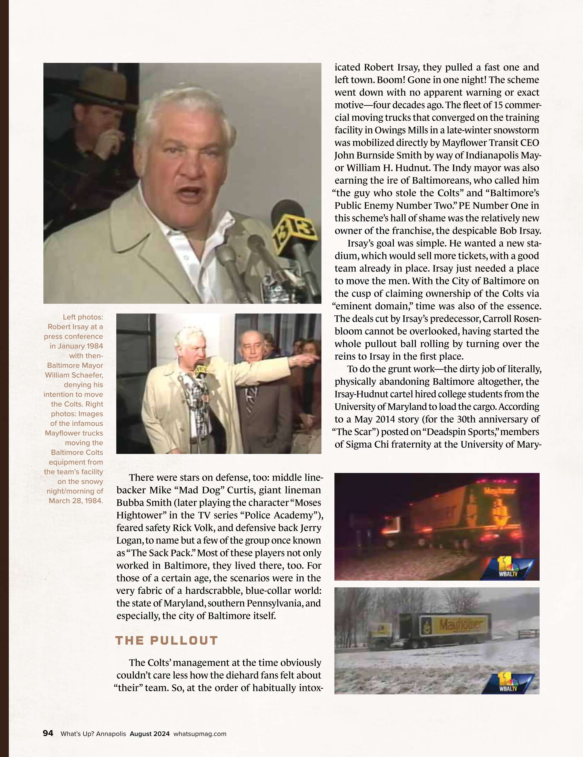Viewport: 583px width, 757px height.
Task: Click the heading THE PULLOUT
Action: (x=166, y=641)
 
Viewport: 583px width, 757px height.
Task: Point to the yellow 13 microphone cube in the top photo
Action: (x=294, y=237)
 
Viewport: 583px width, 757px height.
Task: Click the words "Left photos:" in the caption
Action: (x=83, y=317)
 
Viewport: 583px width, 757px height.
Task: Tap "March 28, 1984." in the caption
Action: (x=76, y=501)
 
